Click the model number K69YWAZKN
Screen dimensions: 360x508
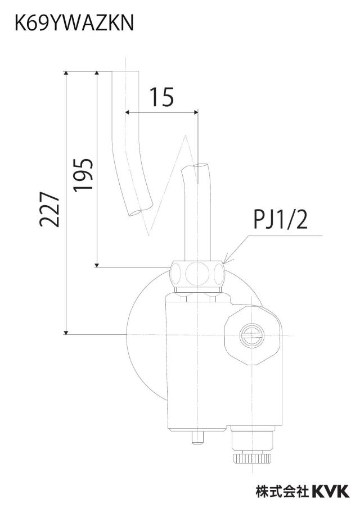pyautogui.click(x=74, y=24)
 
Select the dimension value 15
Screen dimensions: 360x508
pyautogui.click(x=161, y=97)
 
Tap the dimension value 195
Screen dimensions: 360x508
pyautogui.click(x=83, y=175)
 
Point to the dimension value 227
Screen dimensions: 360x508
pyautogui.click(x=49, y=209)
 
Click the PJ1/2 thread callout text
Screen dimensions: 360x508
pyautogui.click(x=280, y=219)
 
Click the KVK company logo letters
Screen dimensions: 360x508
pyautogui.click(x=331, y=491)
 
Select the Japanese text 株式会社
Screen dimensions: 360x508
pyautogui.click(x=282, y=491)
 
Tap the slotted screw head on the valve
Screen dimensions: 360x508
pyautogui.click(x=253, y=335)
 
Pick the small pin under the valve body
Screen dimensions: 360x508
pyautogui.click(x=197, y=438)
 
